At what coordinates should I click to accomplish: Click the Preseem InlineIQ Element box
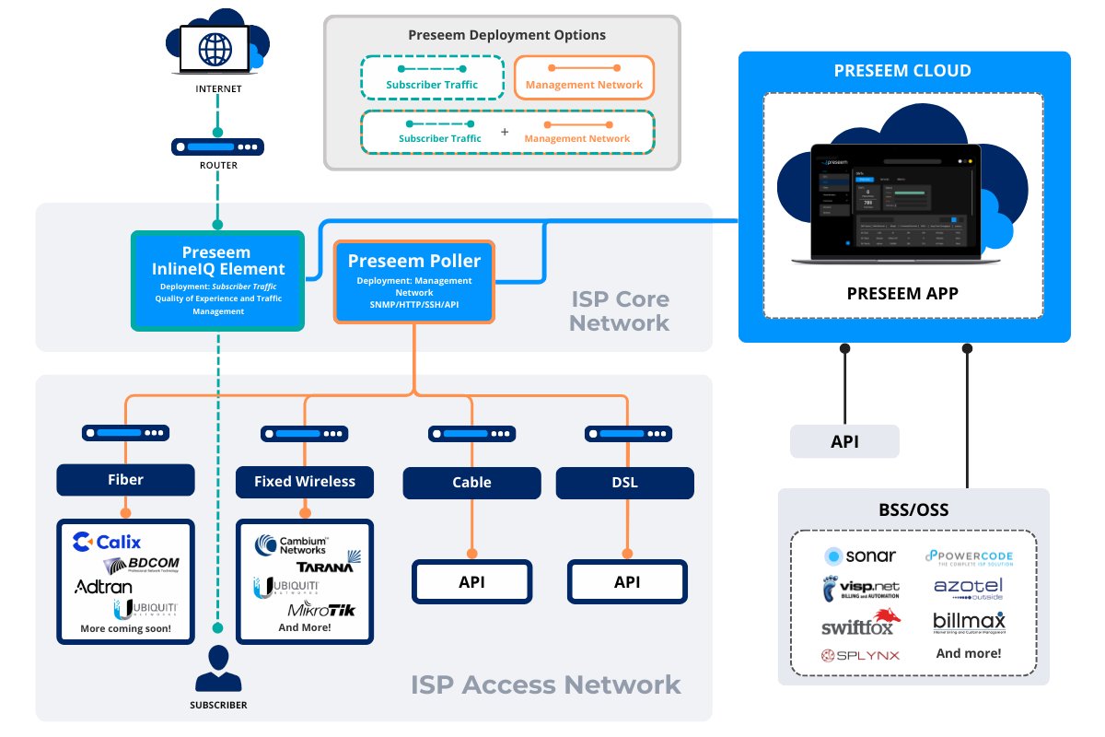[219, 280]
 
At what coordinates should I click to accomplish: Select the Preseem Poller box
[414, 282]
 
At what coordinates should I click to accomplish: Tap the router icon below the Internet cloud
[218, 146]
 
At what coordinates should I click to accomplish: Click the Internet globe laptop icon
[218, 45]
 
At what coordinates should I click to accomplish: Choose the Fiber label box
[126, 480]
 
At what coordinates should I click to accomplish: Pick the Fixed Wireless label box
[305, 481]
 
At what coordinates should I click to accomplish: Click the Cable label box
[471, 482]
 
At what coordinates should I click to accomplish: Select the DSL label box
[624, 482]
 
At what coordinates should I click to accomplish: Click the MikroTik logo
[321, 610]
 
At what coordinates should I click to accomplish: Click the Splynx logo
[860, 655]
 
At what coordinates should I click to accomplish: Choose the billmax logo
[969, 622]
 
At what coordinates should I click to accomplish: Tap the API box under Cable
[471, 581]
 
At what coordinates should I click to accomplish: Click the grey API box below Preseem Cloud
[844, 441]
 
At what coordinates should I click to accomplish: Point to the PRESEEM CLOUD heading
[902, 71]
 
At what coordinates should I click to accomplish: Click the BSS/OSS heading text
[913, 509]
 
